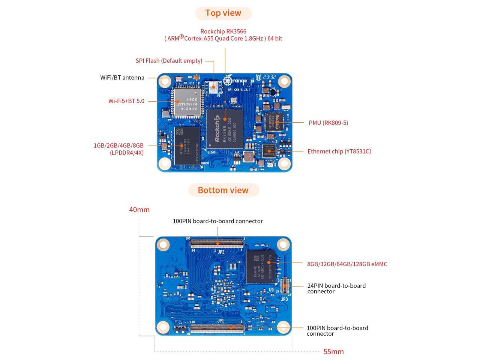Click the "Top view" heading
(x=223, y=13)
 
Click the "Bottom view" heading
(x=223, y=190)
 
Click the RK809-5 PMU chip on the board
(x=274, y=122)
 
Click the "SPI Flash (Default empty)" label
(x=169, y=61)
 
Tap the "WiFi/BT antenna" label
(x=122, y=78)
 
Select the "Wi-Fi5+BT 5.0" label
(x=126, y=101)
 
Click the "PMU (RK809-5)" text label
(x=328, y=123)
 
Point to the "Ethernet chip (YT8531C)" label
(x=339, y=151)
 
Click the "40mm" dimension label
(x=139, y=210)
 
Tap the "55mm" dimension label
(x=333, y=351)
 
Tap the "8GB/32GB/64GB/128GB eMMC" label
(x=347, y=264)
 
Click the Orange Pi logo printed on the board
(x=235, y=81)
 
